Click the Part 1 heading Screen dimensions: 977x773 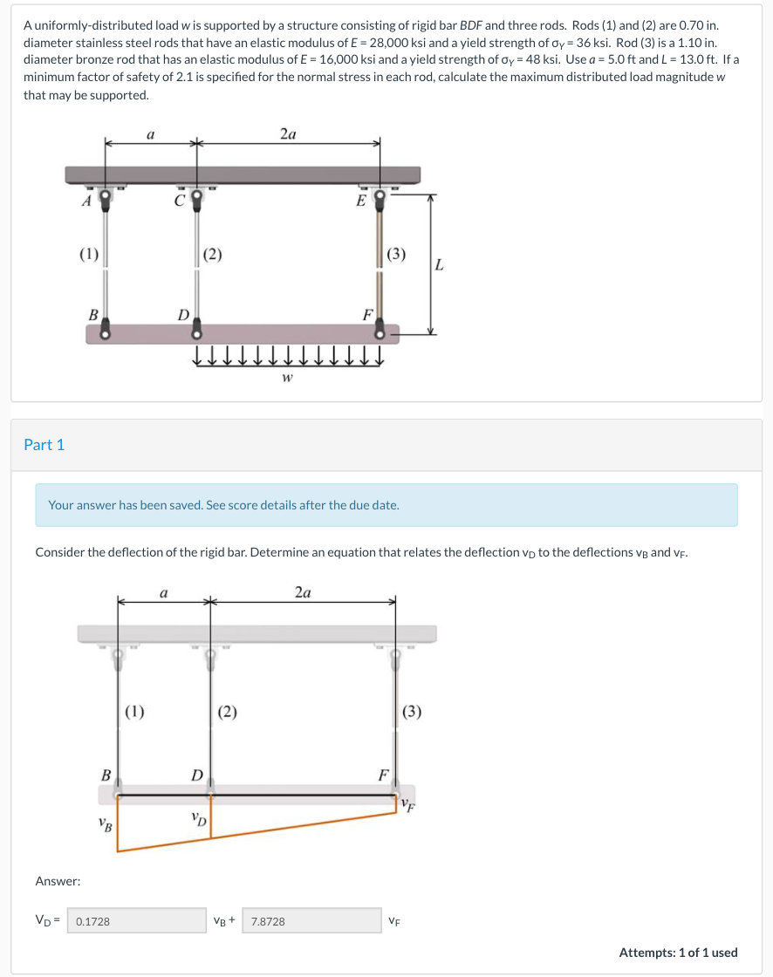(x=44, y=445)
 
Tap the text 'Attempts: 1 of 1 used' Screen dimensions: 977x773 (x=678, y=953)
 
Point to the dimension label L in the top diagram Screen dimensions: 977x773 (x=440, y=265)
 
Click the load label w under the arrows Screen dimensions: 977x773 (x=287, y=378)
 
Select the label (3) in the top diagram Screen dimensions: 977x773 (x=396, y=255)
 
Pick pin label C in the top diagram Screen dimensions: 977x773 (x=179, y=199)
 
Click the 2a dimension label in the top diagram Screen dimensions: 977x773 (x=288, y=133)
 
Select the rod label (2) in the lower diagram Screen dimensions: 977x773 (x=228, y=711)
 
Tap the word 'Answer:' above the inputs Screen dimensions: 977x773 (x=58, y=882)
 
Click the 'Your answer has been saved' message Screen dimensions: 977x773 (x=223, y=505)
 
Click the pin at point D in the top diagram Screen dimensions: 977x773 (x=196, y=331)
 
